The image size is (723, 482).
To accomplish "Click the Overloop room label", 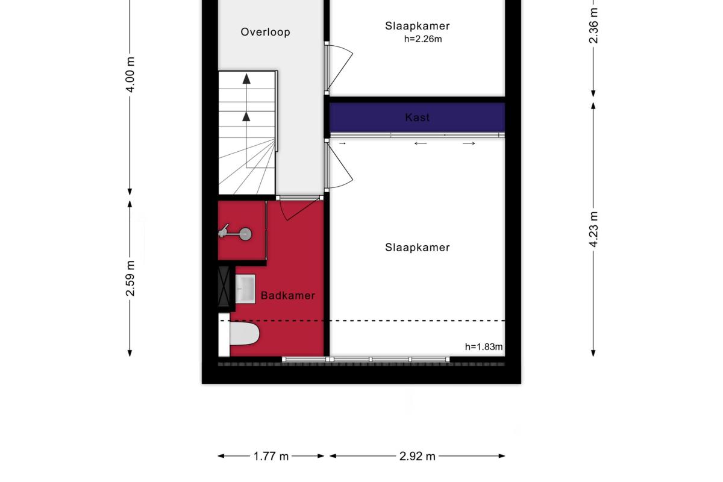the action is point(265,32).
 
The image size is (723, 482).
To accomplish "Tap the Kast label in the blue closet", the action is point(418,117).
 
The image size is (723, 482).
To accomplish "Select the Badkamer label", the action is point(288,295).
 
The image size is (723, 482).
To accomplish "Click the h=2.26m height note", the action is point(423,39).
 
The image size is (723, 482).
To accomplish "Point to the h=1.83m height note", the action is point(483,346).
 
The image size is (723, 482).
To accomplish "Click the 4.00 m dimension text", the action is point(130,75).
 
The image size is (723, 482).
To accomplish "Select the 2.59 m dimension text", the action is point(130,278).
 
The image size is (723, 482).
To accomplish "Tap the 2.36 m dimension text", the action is point(593,25).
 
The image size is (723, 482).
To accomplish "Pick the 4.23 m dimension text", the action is point(593,229).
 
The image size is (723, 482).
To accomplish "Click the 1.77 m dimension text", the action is point(271,456).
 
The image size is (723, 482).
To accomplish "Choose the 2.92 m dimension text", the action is point(418,456).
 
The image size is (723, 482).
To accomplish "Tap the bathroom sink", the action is point(245,289).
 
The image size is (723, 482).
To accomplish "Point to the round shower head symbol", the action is point(245,234).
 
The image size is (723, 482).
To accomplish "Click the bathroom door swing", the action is point(300,209).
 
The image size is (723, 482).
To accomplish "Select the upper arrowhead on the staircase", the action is point(246,79).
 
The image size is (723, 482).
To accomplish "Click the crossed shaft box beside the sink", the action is point(224,286).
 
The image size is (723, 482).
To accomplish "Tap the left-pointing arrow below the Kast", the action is point(421,143).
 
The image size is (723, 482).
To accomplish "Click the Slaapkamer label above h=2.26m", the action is point(418,26).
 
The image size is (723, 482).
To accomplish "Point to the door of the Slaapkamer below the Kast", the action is point(339,166).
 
